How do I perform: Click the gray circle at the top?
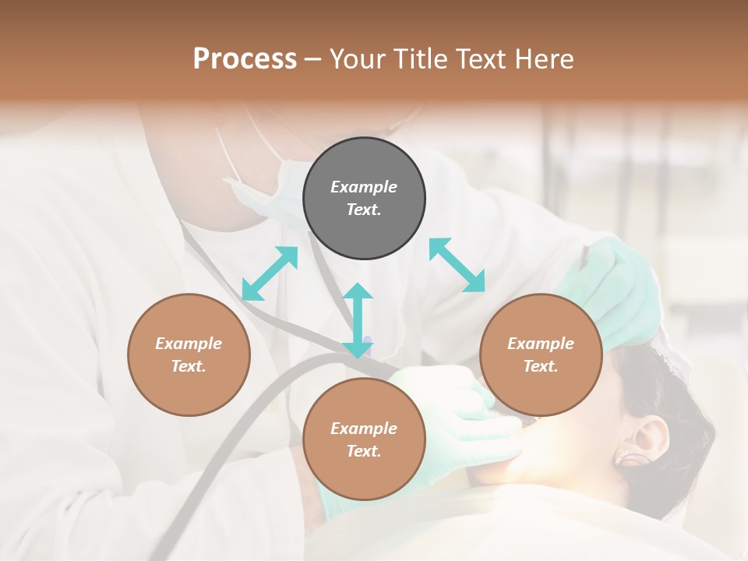point(364,199)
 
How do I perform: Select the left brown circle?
point(189,355)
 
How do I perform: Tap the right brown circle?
point(541,355)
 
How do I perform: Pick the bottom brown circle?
point(364,439)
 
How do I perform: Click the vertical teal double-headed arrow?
point(358,320)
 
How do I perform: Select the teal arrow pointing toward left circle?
point(270,273)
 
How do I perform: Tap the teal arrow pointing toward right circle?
point(457,265)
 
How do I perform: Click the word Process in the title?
point(245,58)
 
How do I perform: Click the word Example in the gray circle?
point(364,187)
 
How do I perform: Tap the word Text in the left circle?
point(189,366)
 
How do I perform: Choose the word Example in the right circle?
point(541,344)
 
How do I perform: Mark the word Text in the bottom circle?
point(364,451)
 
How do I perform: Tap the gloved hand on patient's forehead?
point(616,288)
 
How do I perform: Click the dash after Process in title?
point(313,58)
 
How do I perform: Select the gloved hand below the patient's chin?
point(460,425)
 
